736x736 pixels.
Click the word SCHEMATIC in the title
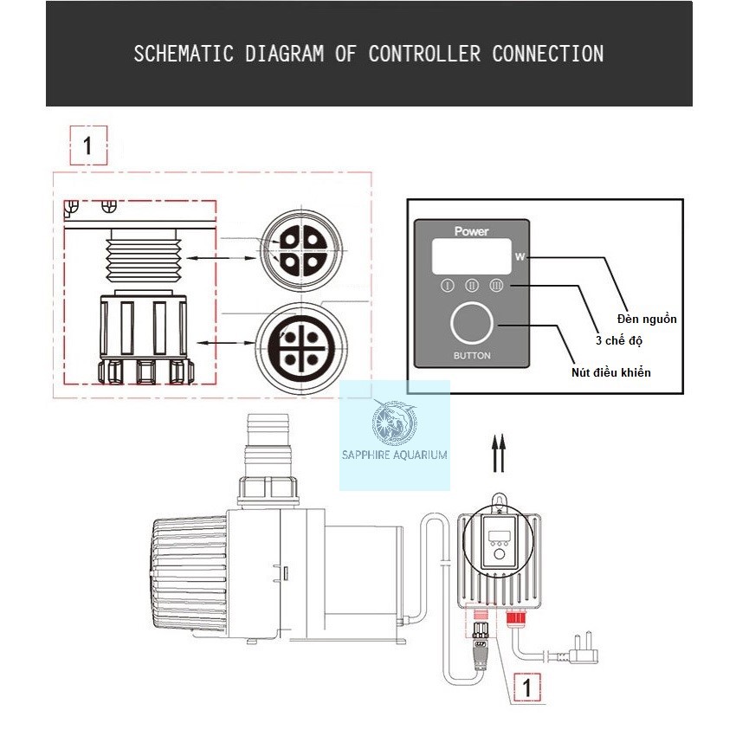click(184, 54)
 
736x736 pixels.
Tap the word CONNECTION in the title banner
click(548, 54)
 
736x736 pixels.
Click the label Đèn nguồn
click(647, 320)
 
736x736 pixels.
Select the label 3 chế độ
click(619, 341)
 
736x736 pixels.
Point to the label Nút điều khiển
click(611, 372)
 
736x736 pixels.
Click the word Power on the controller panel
click(471, 231)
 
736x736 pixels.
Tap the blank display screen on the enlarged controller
click(471, 256)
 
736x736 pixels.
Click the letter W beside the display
click(520, 257)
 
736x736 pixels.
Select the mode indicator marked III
click(496, 285)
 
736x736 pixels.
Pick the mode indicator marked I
click(448, 286)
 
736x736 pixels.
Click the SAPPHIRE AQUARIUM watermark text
click(394, 455)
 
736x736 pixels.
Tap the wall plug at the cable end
click(583, 649)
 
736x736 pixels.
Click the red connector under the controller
click(516, 617)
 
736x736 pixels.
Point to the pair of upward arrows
click(499, 453)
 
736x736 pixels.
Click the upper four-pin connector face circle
click(302, 251)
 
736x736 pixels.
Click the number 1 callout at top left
click(88, 145)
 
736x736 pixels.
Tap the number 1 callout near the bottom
click(527, 688)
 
